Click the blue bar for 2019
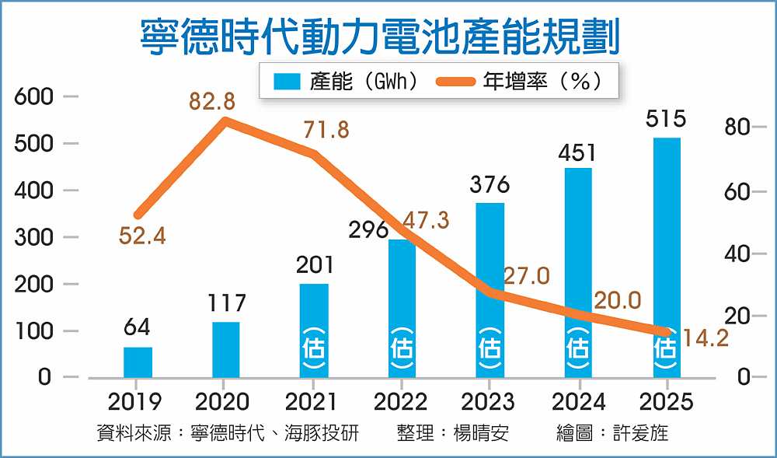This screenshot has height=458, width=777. [138, 362]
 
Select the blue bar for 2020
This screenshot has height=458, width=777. [225, 350]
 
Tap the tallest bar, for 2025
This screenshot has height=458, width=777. [667, 257]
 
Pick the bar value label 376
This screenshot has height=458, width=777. [490, 184]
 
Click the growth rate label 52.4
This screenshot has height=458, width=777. [142, 236]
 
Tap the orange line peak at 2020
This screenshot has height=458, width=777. [225, 121]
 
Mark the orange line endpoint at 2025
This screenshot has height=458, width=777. [666, 332]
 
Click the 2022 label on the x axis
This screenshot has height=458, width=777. [400, 401]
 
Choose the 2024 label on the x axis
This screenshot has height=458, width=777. [578, 401]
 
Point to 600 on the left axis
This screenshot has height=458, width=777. [33, 97]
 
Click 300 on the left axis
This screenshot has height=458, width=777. [33, 237]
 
